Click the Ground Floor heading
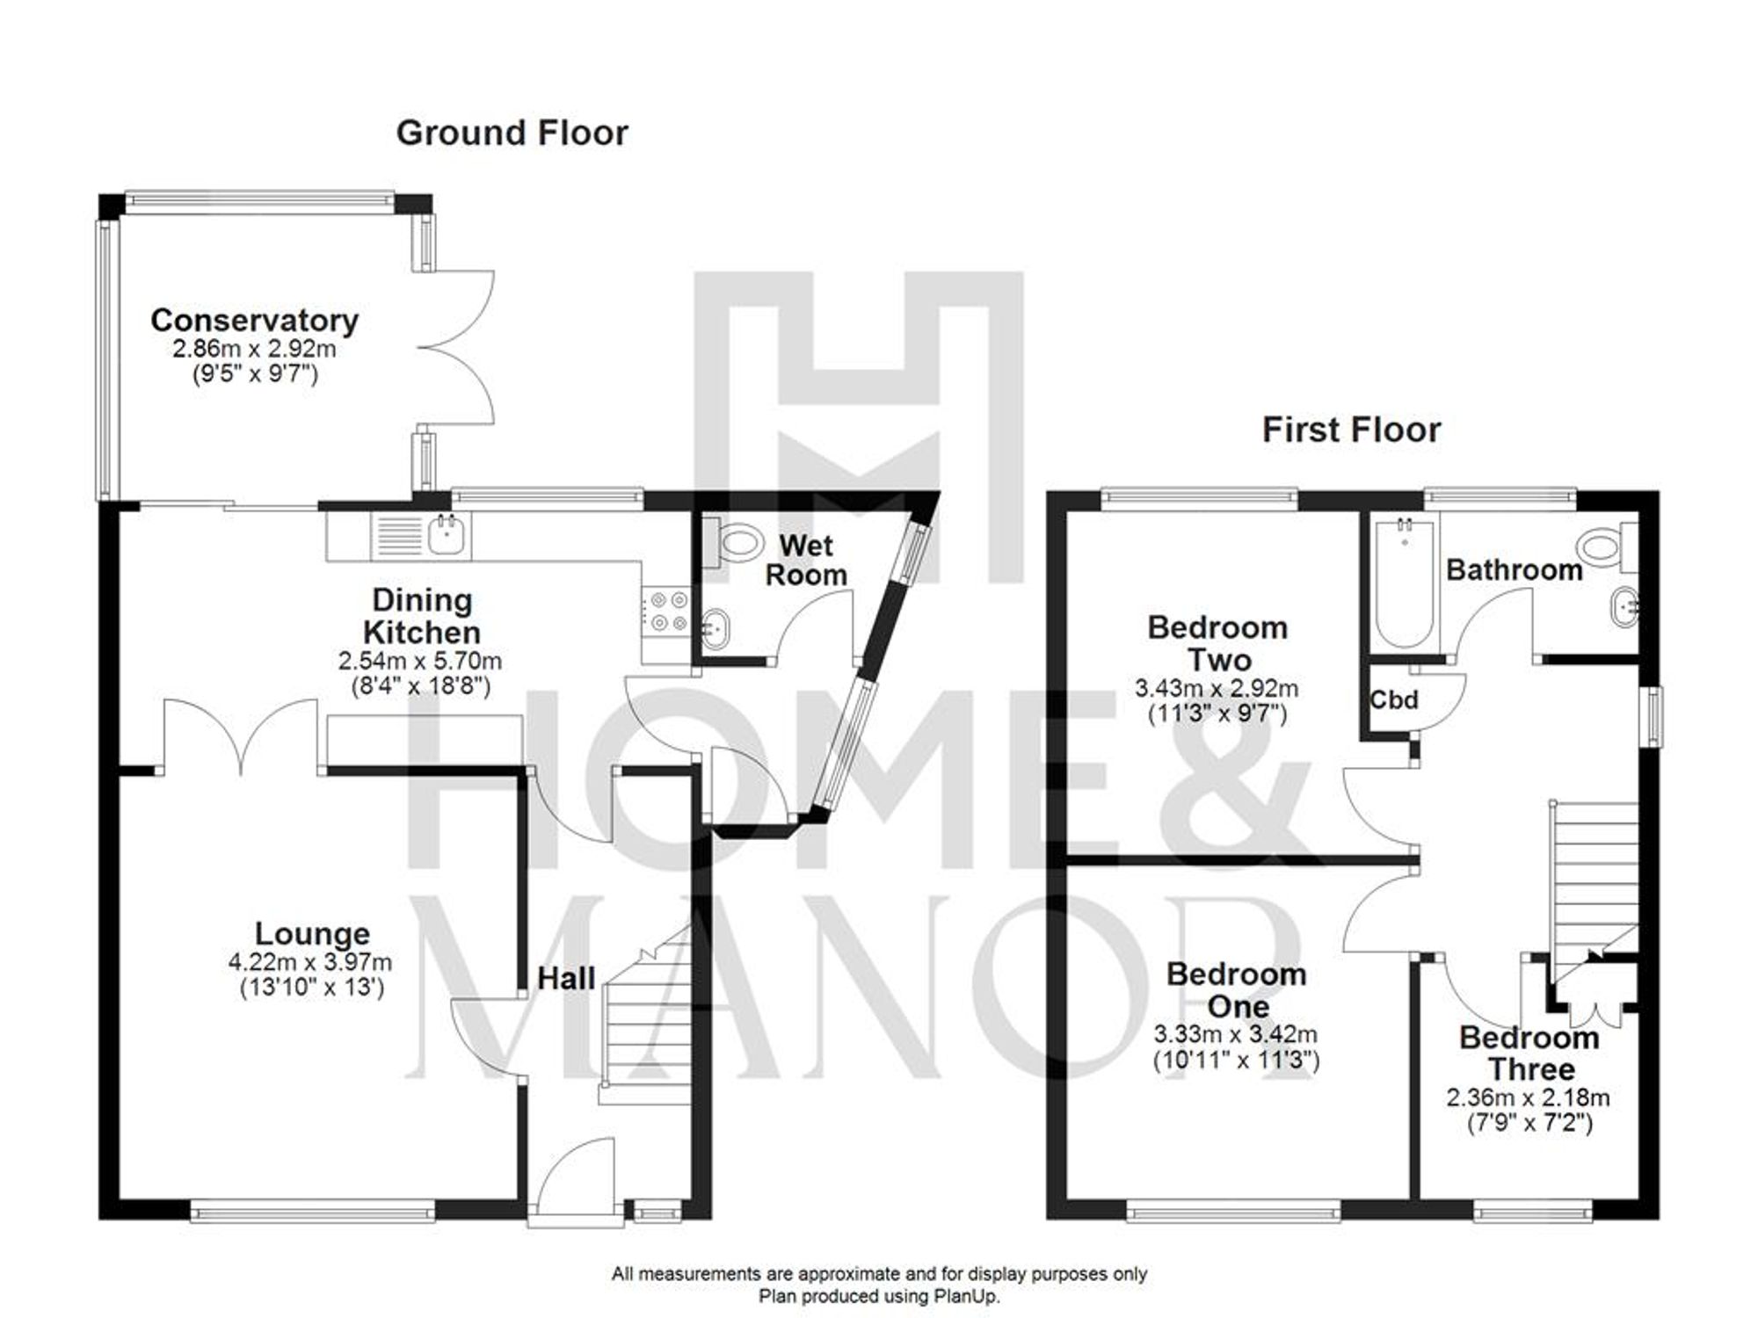[x=512, y=134]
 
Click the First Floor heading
[x=1351, y=431]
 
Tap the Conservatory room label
[x=254, y=320]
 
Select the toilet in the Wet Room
[x=734, y=541]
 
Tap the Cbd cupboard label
[x=1394, y=700]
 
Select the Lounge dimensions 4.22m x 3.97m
[x=310, y=962]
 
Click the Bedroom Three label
[x=1529, y=1054]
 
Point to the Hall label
[x=566, y=978]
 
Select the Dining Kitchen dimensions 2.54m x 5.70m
[x=420, y=660]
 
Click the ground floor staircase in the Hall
[x=647, y=1028]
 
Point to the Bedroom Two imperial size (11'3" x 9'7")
[x=1217, y=714]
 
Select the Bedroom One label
[x=1236, y=990]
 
